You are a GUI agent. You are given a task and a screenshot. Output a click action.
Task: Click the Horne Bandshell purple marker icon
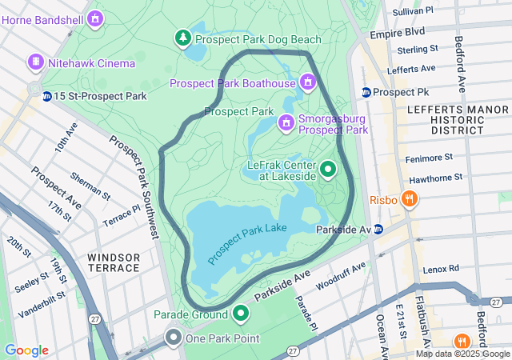coord(96,18)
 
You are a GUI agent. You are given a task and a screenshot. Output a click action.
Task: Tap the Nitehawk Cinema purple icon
coord(35,62)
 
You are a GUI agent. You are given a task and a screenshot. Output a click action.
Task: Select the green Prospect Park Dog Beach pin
coord(183,37)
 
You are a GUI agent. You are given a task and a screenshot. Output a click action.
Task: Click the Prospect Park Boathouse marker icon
coord(307,82)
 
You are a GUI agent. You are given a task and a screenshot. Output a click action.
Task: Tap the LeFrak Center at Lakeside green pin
coord(328,169)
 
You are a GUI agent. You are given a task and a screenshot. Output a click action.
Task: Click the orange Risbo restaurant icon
coord(409,198)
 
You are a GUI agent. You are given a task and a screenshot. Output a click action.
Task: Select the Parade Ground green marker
coord(241,313)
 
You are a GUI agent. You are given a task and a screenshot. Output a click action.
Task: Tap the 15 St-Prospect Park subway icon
coord(48,97)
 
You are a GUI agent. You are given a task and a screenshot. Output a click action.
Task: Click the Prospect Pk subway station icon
coord(366,92)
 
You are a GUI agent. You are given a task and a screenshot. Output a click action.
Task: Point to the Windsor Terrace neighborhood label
coord(114,262)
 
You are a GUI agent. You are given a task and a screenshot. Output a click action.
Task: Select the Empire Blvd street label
coord(397,34)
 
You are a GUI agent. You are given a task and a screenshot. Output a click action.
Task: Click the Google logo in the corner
coord(26,350)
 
